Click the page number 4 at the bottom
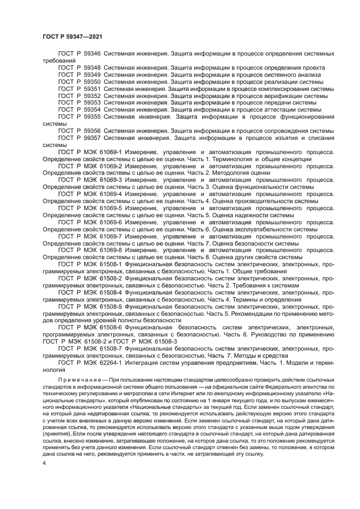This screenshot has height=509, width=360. (45, 463)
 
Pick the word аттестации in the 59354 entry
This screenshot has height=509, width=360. (273, 109)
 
